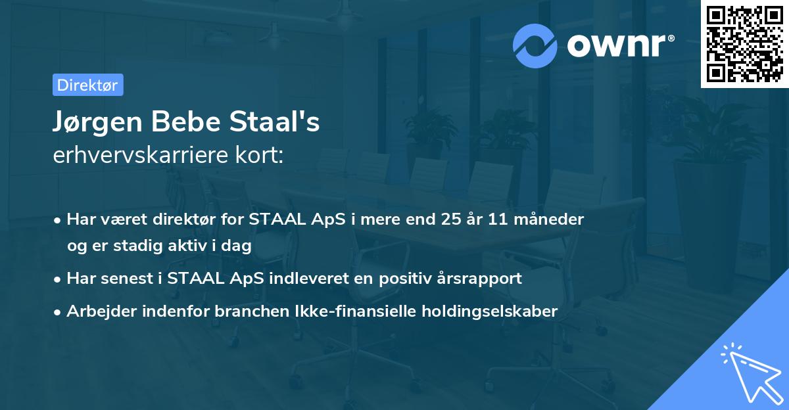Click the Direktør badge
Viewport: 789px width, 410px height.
[87, 85]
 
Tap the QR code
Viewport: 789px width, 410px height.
[745, 43]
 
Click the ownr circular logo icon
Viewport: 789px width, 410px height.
[535, 46]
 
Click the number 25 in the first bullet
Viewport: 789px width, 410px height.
[453, 219]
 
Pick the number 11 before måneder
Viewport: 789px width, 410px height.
[498, 219]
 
